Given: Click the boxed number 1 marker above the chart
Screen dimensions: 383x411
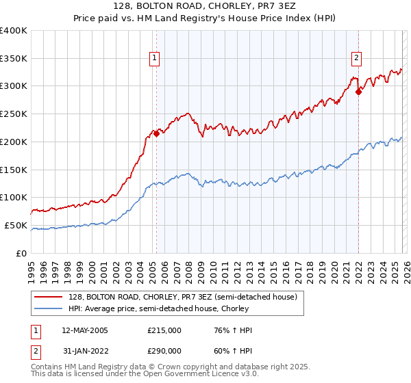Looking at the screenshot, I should [155, 59].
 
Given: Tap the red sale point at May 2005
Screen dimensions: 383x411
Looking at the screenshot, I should [156, 133].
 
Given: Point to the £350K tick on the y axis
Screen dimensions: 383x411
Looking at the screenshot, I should [14, 58].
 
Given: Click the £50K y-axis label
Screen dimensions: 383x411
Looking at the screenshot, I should [16, 225].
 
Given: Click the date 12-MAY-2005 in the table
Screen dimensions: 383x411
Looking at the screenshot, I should [84, 330].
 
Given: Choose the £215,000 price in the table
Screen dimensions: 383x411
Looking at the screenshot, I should [164, 330].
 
